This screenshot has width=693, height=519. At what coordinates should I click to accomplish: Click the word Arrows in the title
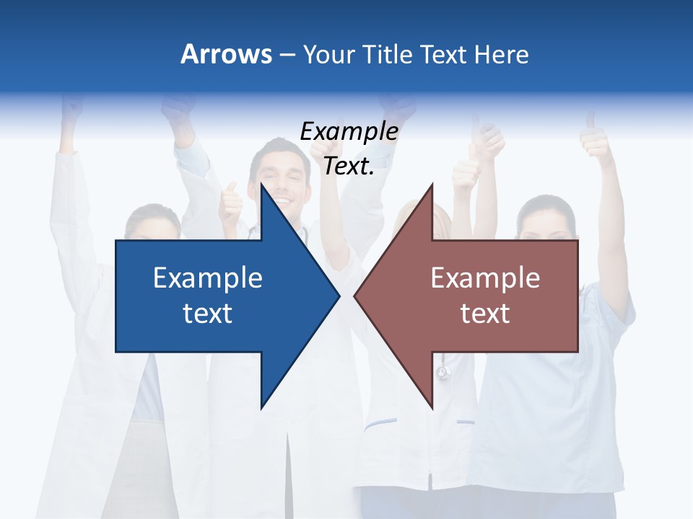point(226,54)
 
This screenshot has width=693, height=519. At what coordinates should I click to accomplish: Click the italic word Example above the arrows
point(349,132)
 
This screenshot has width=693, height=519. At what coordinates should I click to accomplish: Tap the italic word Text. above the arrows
point(349,167)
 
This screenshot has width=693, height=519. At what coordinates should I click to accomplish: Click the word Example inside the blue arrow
point(208,278)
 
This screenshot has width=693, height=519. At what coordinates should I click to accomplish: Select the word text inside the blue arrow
point(208,314)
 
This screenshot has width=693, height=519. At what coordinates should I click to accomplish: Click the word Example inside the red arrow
point(485,278)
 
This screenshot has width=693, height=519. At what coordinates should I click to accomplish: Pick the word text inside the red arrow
point(485,314)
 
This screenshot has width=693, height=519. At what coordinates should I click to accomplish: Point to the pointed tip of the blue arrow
point(339,296)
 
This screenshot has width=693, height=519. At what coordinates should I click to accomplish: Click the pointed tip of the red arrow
point(354,296)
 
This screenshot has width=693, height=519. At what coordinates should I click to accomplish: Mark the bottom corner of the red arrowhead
point(432,409)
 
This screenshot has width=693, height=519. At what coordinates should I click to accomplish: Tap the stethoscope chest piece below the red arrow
point(442,373)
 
